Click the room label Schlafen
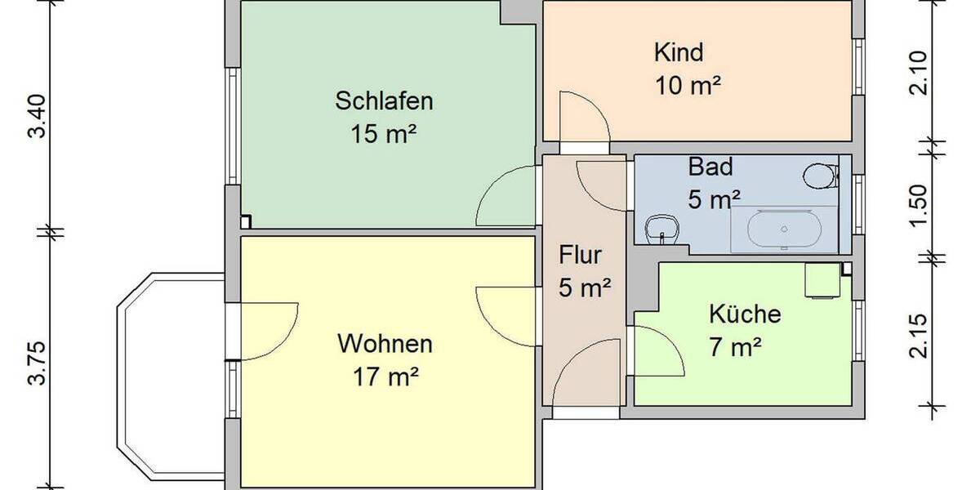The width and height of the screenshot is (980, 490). pyautogui.click(x=384, y=102)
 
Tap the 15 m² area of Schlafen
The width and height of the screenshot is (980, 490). pyautogui.click(x=384, y=133)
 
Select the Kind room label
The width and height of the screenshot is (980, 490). pyautogui.click(x=679, y=53)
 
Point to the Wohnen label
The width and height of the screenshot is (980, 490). pyautogui.click(x=385, y=343)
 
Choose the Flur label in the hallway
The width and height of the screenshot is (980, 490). pyautogui.click(x=580, y=255)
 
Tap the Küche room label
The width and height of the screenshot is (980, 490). pyautogui.click(x=745, y=314)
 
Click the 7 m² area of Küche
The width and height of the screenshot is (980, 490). pyautogui.click(x=735, y=348)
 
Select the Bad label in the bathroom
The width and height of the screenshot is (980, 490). pyautogui.click(x=710, y=167)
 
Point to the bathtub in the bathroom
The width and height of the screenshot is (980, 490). pyautogui.click(x=784, y=229)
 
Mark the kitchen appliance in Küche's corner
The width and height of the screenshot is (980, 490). pyautogui.click(x=822, y=280)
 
